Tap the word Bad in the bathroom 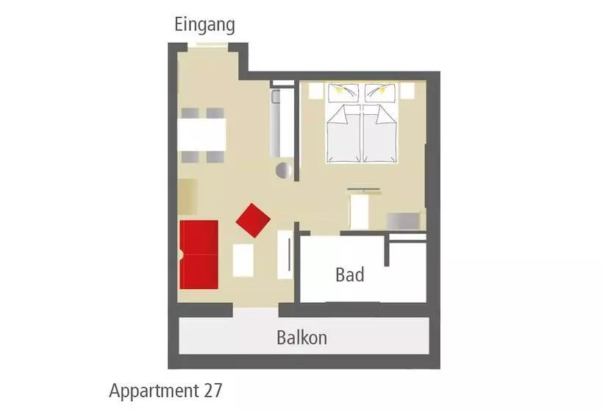[349, 274]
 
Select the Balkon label [302, 338]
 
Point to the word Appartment [154, 391]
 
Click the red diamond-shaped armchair [253, 221]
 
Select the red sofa [199, 255]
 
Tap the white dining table [201, 135]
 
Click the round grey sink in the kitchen [284, 170]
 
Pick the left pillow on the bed [343, 93]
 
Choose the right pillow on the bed [380, 93]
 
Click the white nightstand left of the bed [315, 90]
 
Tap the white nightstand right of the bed [407, 90]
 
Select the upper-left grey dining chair [190, 113]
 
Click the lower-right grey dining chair [215, 157]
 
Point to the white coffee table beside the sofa [243, 260]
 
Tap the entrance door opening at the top [207, 46]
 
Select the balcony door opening [256, 310]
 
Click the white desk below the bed [359, 213]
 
